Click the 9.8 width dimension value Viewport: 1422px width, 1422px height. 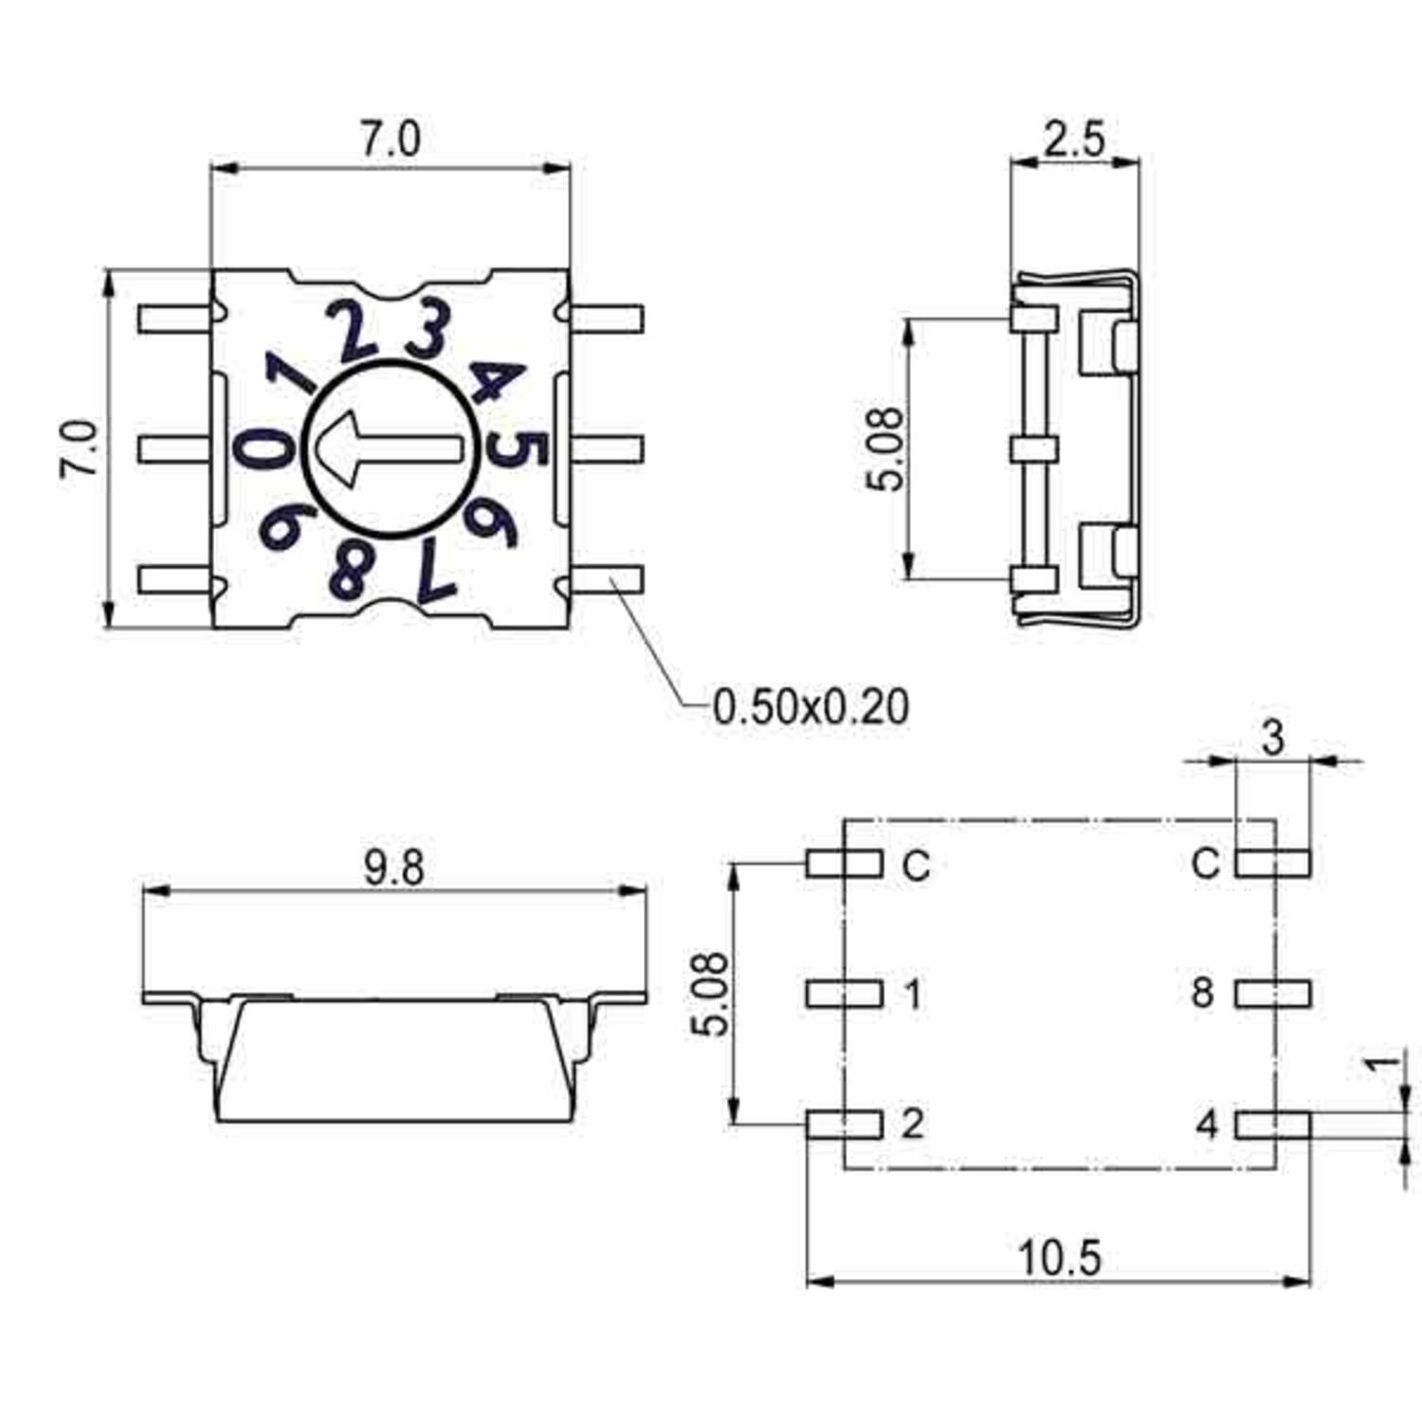point(393,868)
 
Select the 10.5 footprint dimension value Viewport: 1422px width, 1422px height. point(1060,1259)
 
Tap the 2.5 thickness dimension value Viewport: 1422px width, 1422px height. point(1075,139)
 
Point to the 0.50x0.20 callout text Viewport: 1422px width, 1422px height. point(811,707)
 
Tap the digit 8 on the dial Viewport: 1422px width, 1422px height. point(349,571)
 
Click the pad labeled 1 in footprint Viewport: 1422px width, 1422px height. point(844,994)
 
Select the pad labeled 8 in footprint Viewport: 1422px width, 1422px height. point(1273,994)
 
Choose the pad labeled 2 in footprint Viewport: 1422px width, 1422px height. point(844,1124)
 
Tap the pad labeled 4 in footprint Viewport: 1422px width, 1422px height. point(1273,1125)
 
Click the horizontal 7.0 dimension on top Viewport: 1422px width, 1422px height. point(390,140)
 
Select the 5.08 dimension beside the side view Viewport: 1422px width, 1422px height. point(885,448)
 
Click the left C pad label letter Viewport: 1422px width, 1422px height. point(915,865)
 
